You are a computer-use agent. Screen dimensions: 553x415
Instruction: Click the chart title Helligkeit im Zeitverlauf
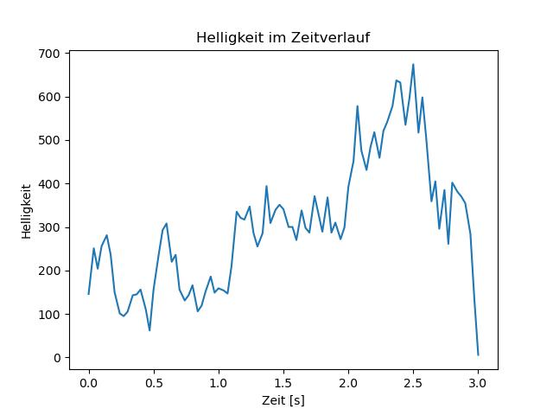[x=283, y=37]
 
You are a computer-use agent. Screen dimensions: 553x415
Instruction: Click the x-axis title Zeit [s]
[x=283, y=400]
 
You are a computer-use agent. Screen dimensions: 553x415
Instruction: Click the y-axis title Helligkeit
[x=27, y=211]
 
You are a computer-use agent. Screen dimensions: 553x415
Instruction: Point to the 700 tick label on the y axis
[x=49, y=54]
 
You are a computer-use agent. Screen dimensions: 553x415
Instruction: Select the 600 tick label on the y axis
[x=49, y=97]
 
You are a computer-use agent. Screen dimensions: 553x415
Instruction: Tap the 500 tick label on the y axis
[x=49, y=140]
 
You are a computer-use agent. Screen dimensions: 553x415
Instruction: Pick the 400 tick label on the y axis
[x=49, y=184]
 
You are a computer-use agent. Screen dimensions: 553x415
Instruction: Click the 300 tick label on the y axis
[x=49, y=227]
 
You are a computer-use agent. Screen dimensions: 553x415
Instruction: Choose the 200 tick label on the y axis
[x=49, y=271]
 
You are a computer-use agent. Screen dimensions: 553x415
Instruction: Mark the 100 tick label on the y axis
[x=49, y=315]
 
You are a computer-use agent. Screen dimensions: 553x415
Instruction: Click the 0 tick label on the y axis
[x=57, y=358]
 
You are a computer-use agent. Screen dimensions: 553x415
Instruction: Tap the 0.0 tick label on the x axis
[x=89, y=383]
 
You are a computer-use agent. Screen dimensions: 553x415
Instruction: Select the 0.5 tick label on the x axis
[x=154, y=383]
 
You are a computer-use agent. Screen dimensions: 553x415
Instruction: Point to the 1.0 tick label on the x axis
[x=219, y=383]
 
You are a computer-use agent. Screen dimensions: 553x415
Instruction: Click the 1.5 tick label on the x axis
[x=283, y=383]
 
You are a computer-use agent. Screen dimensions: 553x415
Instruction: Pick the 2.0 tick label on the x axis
[x=348, y=383]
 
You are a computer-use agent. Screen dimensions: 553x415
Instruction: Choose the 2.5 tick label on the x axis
[x=413, y=383]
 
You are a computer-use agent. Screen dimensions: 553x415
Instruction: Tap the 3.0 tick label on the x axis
[x=478, y=383]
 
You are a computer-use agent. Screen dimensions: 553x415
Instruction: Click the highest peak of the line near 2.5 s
[x=413, y=64]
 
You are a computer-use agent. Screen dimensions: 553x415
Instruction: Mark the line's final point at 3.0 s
[x=478, y=355]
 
